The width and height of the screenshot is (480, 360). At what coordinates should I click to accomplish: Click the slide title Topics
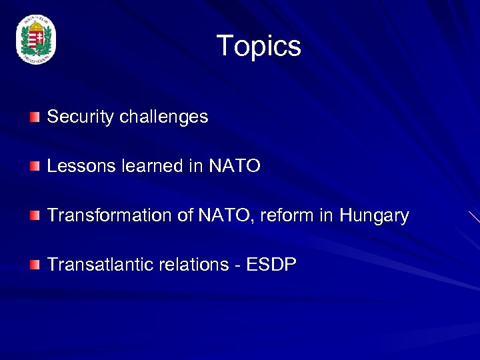click(259, 46)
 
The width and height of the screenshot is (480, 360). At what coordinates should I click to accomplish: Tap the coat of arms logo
click(36, 41)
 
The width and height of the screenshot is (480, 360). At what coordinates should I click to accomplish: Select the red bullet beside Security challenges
click(34, 117)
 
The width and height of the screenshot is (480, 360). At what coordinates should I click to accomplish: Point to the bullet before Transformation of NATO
click(34, 216)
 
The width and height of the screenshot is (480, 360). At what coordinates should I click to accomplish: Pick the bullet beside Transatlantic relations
click(34, 265)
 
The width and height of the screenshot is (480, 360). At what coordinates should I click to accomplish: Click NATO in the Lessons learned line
click(235, 166)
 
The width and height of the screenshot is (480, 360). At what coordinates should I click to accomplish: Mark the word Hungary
click(374, 216)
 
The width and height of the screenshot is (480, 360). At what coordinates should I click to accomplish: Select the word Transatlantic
click(100, 265)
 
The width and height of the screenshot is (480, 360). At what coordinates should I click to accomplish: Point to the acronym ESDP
click(271, 265)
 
